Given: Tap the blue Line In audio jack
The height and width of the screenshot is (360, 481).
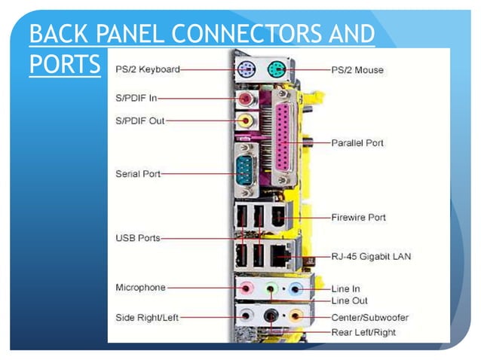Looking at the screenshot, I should pos(296,288).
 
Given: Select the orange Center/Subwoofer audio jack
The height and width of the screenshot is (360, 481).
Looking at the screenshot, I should pos(296,316).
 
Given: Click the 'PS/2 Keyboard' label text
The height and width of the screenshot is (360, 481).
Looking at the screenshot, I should pos(147,69).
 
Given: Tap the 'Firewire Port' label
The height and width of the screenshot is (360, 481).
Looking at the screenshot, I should pos(359,217).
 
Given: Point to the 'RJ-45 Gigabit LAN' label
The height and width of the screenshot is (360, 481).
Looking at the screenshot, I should pos(371,256).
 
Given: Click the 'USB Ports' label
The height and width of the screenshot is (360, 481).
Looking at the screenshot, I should pos(137,238).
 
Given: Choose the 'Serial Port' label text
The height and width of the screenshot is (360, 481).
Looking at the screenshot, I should pos(138,173).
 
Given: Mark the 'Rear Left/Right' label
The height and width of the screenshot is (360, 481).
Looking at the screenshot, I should pos(363,332).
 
